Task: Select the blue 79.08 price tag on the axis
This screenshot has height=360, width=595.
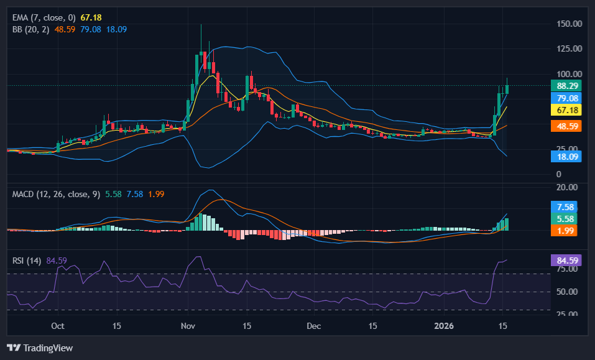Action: [x=568, y=98]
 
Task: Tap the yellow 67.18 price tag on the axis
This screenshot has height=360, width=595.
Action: [x=568, y=110]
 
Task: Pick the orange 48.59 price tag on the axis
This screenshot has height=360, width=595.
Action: [x=568, y=126]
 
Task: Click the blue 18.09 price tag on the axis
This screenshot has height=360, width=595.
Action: [x=568, y=157]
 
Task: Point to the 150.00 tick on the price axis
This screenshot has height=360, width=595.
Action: [x=569, y=24]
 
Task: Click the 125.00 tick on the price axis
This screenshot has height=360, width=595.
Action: [x=569, y=48]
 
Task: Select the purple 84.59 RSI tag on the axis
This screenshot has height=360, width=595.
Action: [x=568, y=260]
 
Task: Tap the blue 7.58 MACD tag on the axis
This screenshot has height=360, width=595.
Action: [x=568, y=207]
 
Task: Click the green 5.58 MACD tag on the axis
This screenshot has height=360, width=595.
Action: [x=568, y=219]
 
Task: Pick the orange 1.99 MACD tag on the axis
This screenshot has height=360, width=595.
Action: [x=568, y=231]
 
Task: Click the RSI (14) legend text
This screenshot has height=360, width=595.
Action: [x=27, y=260]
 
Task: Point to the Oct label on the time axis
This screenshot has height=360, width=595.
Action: [x=58, y=326]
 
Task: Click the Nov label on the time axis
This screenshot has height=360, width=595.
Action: [x=188, y=326]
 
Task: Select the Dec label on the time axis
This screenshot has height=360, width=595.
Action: [x=314, y=326]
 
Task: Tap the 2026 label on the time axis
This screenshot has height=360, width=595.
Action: [x=444, y=326]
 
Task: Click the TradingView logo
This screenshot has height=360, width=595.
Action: [x=40, y=348]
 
